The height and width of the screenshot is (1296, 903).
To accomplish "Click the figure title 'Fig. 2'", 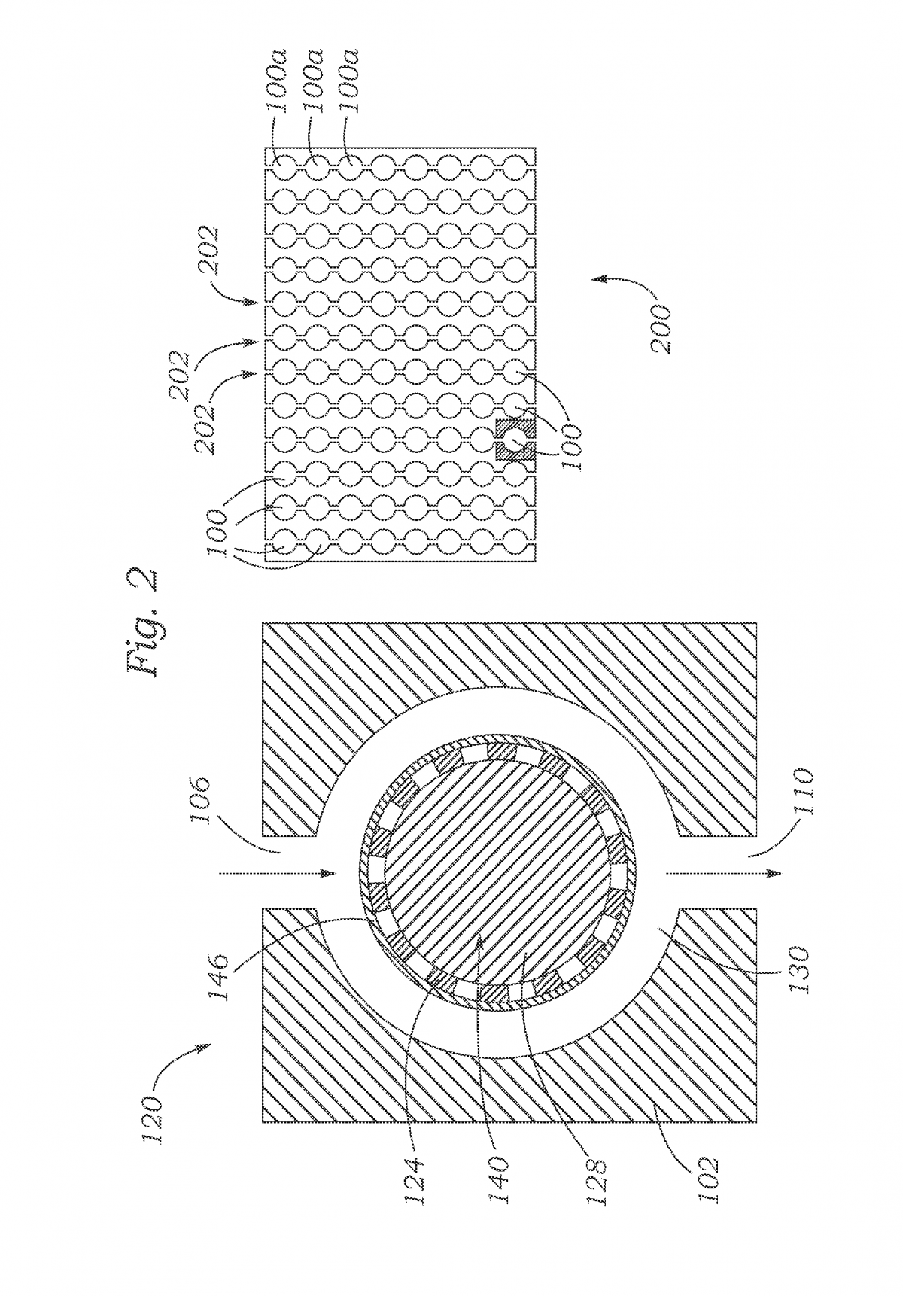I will tap(141, 625).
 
